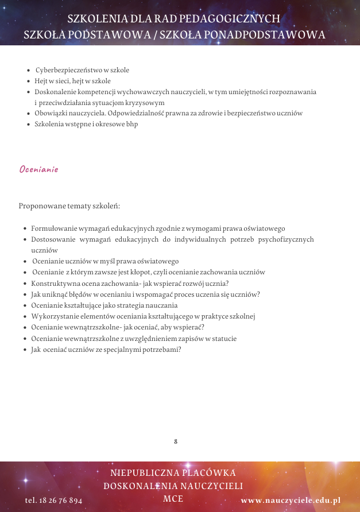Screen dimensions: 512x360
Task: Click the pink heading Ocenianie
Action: click(x=38, y=169)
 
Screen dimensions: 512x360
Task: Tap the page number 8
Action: click(x=175, y=441)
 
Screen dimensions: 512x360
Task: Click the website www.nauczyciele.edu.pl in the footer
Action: click(x=291, y=500)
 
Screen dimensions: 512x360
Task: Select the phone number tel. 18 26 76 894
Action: click(x=54, y=500)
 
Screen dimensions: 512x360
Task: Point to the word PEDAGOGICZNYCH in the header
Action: click(x=235, y=18)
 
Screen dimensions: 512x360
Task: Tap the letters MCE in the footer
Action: click(x=173, y=498)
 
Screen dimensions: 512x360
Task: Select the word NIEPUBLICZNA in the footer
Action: click(x=142, y=473)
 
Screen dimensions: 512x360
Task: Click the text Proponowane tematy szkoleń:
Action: click(x=69, y=205)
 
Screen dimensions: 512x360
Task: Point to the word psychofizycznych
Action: click(x=286, y=239)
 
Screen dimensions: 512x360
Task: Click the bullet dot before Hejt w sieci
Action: click(x=29, y=81)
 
